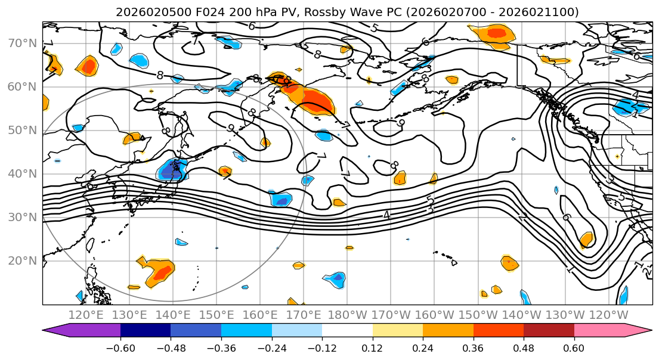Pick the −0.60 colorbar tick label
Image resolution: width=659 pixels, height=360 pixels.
(x=120, y=347)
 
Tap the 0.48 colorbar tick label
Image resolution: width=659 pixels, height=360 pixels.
(x=524, y=347)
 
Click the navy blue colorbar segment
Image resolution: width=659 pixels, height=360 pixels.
(x=146, y=331)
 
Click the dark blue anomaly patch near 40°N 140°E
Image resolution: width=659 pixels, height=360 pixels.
(x=172, y=171)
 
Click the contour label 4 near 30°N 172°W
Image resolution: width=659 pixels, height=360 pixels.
(x=386, y=215)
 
